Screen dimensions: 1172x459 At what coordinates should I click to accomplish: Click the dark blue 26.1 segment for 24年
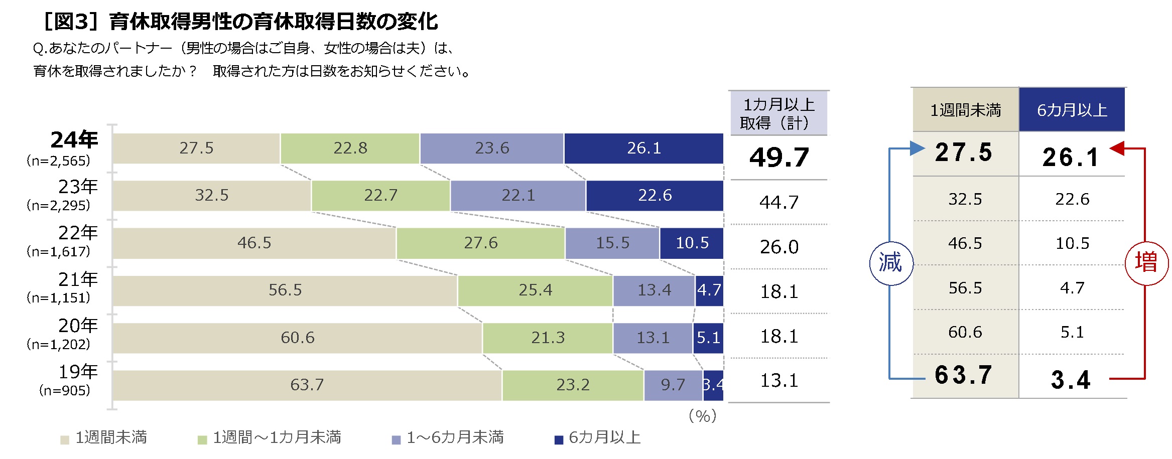coord(643,148)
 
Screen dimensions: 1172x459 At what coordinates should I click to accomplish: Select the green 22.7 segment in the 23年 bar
coord(381,196)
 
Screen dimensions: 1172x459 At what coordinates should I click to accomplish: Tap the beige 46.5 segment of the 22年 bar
coord(254,243)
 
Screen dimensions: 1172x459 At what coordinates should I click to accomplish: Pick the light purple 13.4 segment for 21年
coord(654,290)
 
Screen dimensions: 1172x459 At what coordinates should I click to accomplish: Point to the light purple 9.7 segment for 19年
coord(673,385)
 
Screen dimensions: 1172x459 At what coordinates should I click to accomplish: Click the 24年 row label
coord(74,140)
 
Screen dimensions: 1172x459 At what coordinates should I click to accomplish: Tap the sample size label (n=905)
coord(65,390)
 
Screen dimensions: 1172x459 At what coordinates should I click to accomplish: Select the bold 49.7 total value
coord(779,158)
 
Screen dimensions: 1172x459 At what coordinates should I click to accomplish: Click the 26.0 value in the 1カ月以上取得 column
coord(779,247)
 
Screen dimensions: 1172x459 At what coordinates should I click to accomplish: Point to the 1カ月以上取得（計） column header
coord(778,113)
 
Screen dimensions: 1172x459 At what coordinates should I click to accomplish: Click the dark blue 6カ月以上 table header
coord(1072,110)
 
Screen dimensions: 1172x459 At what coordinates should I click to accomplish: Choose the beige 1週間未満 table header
coord(965,110)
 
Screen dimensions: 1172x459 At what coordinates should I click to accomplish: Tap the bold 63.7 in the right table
coord(964,375)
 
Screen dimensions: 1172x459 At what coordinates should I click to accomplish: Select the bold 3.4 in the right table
coord(1071,380)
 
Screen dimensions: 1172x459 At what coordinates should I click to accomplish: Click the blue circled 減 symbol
coord(891,263)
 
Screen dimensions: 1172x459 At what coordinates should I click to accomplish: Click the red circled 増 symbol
coord(1146,262)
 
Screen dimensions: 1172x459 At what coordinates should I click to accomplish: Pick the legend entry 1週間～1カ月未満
coord(270,438)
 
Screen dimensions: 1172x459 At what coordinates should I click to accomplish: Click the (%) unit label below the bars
coord(703,416)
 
